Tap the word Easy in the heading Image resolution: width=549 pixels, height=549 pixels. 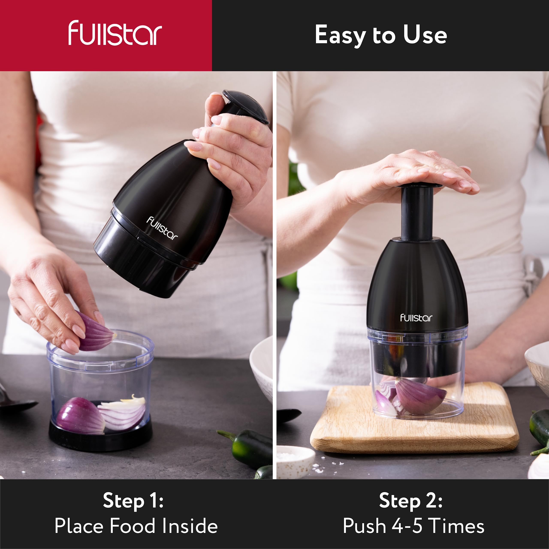340,35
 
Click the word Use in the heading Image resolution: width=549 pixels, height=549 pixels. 425,35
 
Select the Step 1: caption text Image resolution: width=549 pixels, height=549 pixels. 133,500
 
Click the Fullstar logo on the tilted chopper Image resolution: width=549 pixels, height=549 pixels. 162,228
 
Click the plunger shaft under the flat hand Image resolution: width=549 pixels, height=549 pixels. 417,216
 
